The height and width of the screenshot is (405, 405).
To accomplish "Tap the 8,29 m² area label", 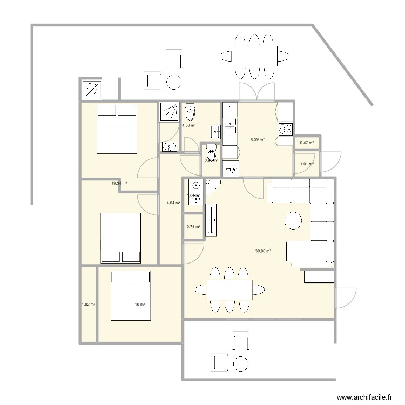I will pyautogui.click(x=258, y=139).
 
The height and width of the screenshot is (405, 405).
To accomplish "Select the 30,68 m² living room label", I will pyautogui.click(x=263, y=251).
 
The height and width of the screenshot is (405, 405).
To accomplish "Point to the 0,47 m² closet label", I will pyautogui.click(x=307, y=143).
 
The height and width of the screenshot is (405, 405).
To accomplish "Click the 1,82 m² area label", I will pyautogui.click(x=88, y=305).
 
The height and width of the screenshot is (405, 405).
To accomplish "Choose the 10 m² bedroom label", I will pyautogui.click(x=140, y=305).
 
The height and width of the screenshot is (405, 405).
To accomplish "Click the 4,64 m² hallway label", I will pyautogui.click(x=173, y=203).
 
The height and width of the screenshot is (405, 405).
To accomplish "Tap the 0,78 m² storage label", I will pyautogui.click(x=193, y=227).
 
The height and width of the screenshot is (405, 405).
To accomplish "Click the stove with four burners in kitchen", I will pyautogui.click(x=285, y=130).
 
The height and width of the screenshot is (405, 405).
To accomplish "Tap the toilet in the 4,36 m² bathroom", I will pyautogui.click(x=190, y=113).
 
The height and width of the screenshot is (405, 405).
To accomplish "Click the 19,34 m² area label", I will pyautogui.click(x=119, y=184).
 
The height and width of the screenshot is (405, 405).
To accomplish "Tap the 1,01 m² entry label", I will pyautogui.click(x=307, y=164).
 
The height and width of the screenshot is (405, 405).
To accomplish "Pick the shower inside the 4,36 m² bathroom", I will pyautogui.click(x=169, y=112).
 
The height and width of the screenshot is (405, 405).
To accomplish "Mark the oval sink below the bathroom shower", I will pyautogui.click(x=169, y=146).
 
